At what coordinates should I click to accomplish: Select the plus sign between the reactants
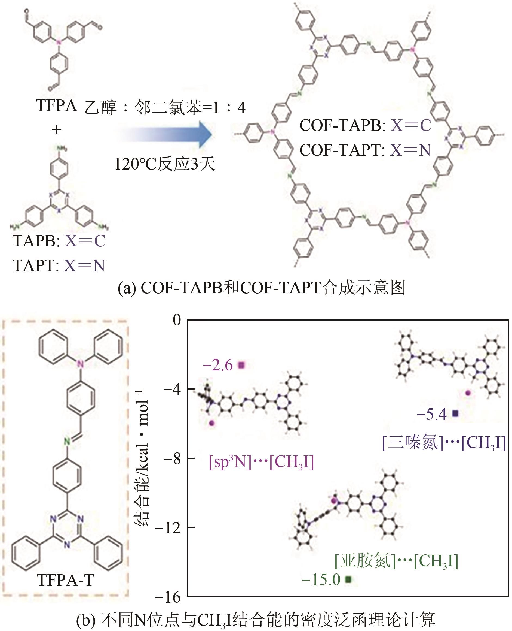(x=56, y=130)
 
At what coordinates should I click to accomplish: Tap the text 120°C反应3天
(x=165, y=164)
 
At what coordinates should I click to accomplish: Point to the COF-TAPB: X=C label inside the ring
(x=365, y=125)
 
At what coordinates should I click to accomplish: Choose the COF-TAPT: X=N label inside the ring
(x=365, y=150)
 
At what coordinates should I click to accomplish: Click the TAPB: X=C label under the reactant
(x=59, y=241)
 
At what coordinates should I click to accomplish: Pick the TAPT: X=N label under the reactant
(x=59, y=265)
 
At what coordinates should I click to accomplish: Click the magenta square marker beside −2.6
(x=241, y=365)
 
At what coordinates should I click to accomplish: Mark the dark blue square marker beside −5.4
(x=455, y=414)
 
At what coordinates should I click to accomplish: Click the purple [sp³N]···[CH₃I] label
(x=261, y=462)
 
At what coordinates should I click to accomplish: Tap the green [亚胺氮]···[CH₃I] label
(x=396, y=561)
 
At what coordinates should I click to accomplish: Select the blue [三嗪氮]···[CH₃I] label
(x=444, y=443)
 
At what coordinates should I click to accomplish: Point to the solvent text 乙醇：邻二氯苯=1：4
(x=165, y=107)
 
